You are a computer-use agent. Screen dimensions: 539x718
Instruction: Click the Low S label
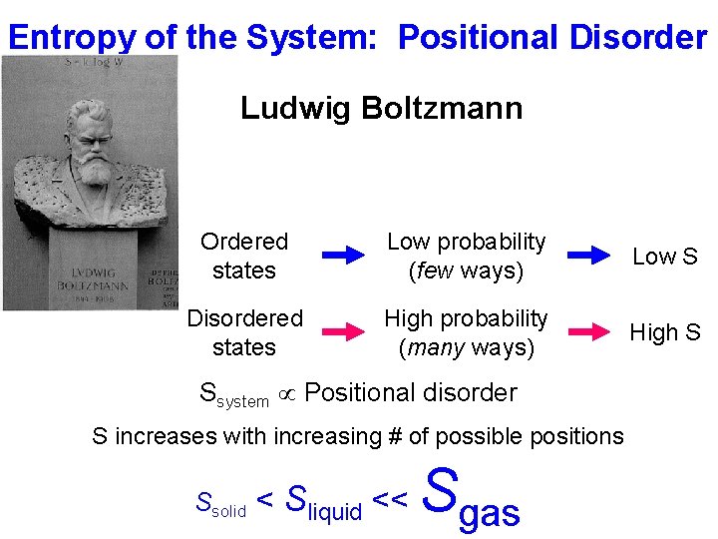click(665, 257)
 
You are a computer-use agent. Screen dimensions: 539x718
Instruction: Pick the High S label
click(665, 332)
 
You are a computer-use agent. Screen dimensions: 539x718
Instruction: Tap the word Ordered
click(244, 242)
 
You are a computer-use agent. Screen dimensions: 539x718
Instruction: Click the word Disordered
click(244, 318)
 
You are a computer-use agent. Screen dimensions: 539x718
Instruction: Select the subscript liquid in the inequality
click(335, 512)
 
